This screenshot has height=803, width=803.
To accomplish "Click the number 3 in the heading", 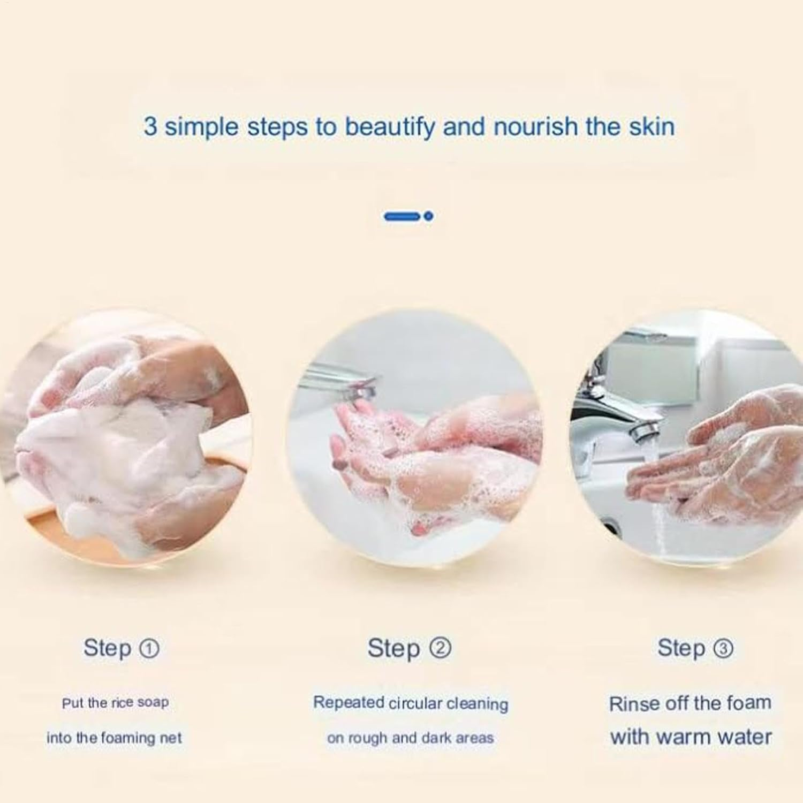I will click(x=150, y=127).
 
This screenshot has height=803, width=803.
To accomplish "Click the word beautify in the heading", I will click(x=389, y=127).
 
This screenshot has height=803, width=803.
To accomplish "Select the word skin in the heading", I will click(x=651, y=127).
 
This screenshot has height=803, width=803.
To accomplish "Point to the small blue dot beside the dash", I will click(x=428, y=216).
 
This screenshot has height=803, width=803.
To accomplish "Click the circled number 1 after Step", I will click(x=149, y=649).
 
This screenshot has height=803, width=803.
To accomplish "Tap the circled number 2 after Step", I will click(x=441, y=648).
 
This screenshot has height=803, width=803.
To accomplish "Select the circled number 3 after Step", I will click(x=723, y=649).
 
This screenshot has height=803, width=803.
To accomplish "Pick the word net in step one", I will click(x=171, y=738).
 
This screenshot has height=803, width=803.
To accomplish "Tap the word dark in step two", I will click(x=436, y=738).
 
